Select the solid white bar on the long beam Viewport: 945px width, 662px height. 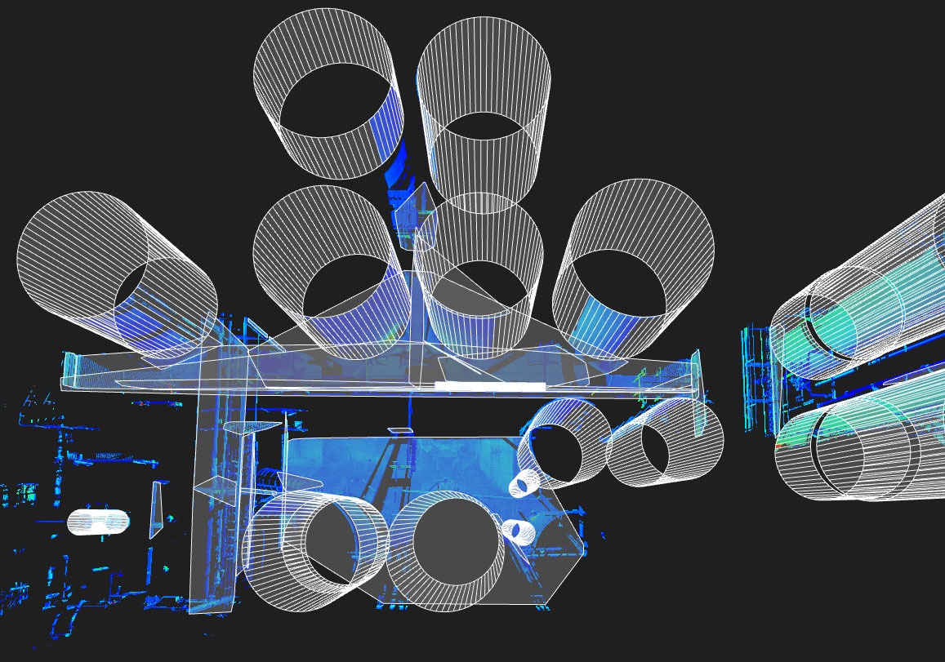(x=489, y=385)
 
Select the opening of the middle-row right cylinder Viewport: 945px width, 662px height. (x=626, y=282)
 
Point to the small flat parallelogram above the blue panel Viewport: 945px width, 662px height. (x=400, y=429)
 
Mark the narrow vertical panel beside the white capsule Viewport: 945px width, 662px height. (x=156, y=510)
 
